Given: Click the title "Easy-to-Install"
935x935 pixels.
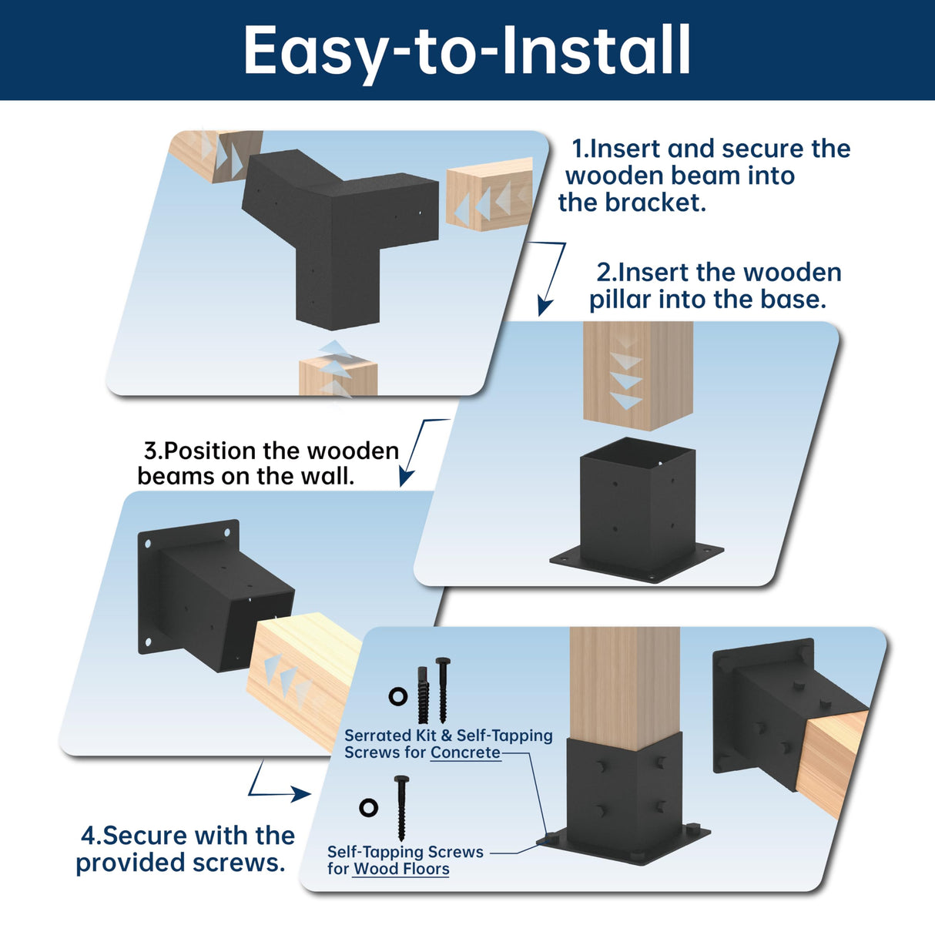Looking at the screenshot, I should [x=467, y=50].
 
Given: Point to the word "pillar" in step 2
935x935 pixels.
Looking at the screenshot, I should [x=621, y=300].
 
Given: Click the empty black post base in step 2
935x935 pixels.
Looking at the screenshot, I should [x=638, y=512].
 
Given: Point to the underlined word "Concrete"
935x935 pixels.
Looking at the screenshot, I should [x=465, y=753].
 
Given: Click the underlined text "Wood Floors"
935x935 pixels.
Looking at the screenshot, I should [x=401, y=870].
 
